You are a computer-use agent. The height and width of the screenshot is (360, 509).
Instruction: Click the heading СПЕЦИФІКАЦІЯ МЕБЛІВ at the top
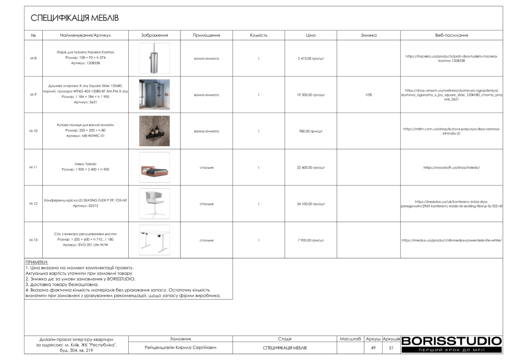pyautogui.click(x=75, y=18)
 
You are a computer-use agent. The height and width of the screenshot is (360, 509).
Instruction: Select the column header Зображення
pyautogui.click(x=154, y=36)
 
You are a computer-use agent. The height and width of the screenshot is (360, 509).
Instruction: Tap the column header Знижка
pyautogui.click(x=368, y=36)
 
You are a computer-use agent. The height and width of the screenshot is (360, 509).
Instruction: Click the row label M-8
pyautogui.click(x=33, y=58)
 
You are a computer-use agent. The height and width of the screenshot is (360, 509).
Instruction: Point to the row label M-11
pyautogui.click(x=33, y=168)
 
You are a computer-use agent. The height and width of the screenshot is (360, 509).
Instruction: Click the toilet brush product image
pyautogui.click(x=154, y=58)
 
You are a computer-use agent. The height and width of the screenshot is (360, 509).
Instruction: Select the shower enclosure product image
pyautogui.click(x=154, y=94)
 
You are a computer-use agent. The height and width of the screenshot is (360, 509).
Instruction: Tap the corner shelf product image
pyautogui.click(x=154, y=131)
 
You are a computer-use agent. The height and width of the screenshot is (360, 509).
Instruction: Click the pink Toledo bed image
pyautogui.click(x=154, y=168)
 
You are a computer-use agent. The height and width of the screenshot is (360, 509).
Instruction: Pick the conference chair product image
pyautogui.click(x=154, y=203)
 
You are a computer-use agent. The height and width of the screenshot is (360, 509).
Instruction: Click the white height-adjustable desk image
pyautogui.click(x=154, y=240)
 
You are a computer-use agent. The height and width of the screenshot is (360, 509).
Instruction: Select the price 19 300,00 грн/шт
pyautogui.click(x=311, y=94)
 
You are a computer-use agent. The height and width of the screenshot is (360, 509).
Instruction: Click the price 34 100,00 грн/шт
pyautogui.click(x=311, y=204)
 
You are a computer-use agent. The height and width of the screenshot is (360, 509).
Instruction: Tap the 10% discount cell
pyautogui.click(x=368, y=94)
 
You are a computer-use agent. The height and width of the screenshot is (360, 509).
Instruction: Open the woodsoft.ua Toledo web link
pyautogui.click(x=451, y=168)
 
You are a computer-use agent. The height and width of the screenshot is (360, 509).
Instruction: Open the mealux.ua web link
pyautogui.click(x=451, y=240)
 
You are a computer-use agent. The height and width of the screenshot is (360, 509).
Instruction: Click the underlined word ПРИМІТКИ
pyautogui.click(x=37, y=262)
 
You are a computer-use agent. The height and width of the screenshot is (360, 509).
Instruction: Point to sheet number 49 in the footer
pyautogui.click(x=373, y=348)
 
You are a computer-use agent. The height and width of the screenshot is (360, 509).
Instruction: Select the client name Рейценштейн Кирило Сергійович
pyautogui.click(x=180, y=348)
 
